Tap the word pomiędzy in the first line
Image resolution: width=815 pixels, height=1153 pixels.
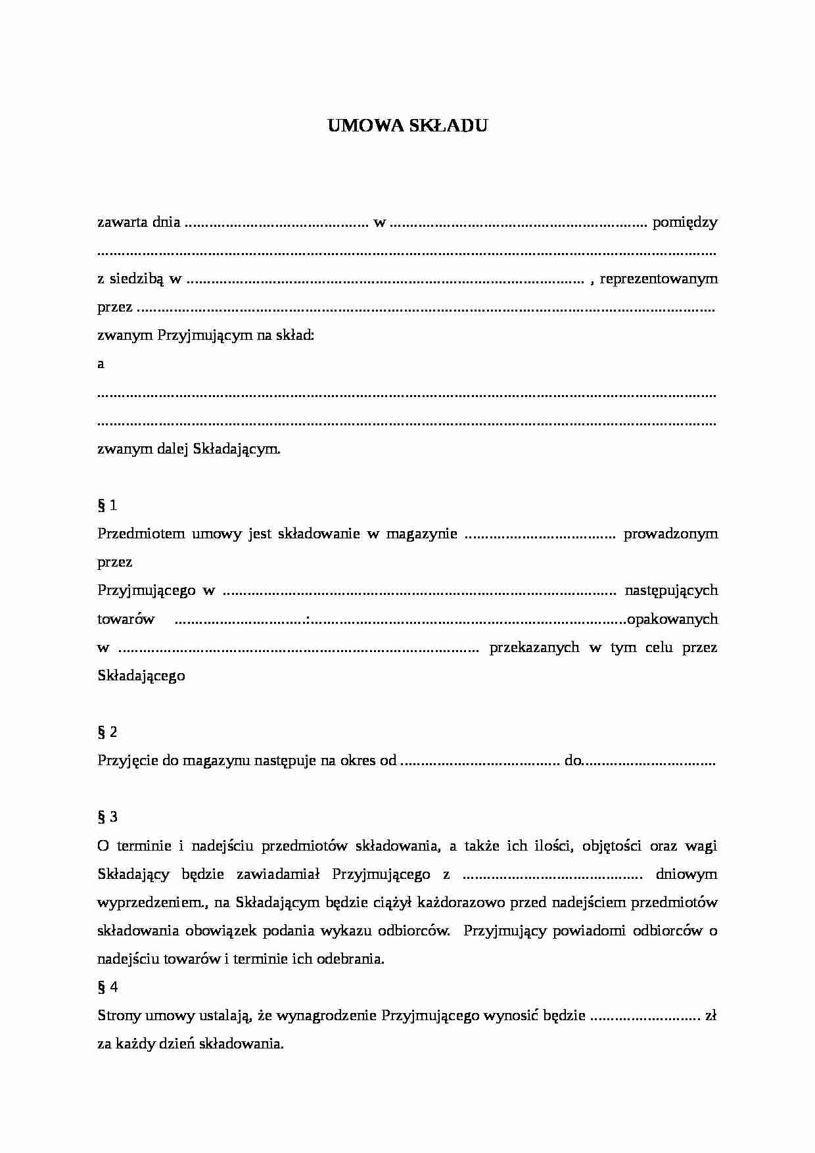(684, 222)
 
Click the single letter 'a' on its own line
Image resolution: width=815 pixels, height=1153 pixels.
(101, 364)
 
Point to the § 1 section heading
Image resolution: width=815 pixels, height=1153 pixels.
(107, 506)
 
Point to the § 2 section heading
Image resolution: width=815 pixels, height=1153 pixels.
(107, 732)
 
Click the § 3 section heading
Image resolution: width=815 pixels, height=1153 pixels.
(107, 817)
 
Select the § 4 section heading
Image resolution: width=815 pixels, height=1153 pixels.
(107, 987)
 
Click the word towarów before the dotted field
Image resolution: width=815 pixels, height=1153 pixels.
(126, 619)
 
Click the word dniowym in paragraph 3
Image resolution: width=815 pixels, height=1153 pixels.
(686, 874)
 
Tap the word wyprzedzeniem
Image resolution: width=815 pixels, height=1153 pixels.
(152, 903)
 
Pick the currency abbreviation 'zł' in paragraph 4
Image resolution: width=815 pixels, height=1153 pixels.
(710, 1016)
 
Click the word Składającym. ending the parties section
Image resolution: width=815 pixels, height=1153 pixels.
(237, 450)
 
